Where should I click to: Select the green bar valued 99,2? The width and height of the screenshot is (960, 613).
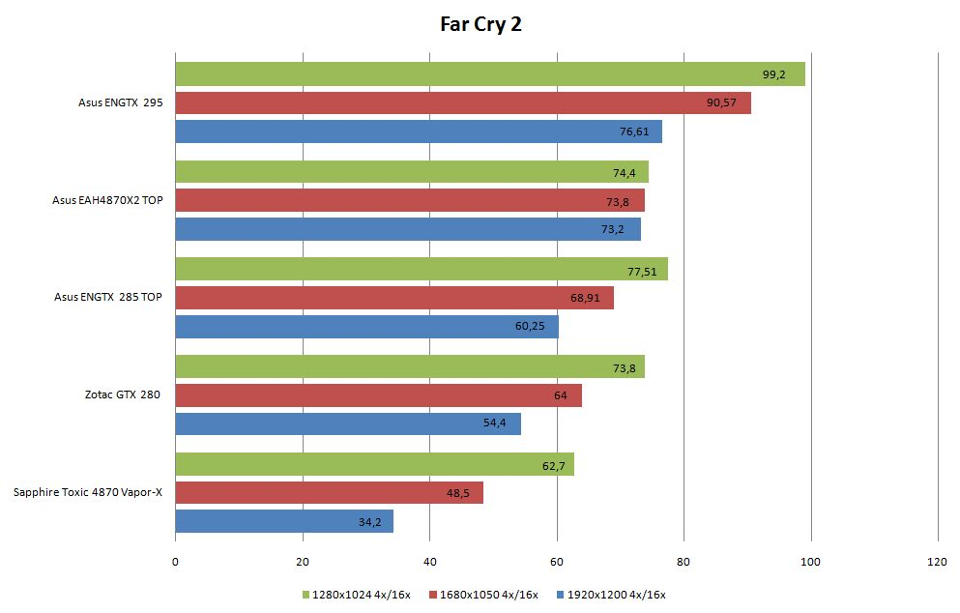click(x=489, y=74)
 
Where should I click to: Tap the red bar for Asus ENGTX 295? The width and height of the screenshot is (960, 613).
click(x=462, y=102)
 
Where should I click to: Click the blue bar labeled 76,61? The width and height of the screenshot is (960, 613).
click(x=418, y=131)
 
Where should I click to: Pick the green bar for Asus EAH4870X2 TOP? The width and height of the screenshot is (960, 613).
click(x=411, y=172)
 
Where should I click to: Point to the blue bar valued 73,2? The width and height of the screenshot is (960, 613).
click(x=407, y=229)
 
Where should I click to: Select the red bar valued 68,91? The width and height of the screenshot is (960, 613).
click(x=393, y=298)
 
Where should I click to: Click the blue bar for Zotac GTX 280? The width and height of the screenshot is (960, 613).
click(x=347, y=423)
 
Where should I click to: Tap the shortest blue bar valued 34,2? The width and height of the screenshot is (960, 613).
click(x=283, y=522)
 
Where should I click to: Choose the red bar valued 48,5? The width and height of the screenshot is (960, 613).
click(x=329, y=493)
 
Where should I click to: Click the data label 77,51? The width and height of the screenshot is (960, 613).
click(x=642, y=272)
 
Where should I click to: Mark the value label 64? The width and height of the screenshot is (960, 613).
click(x=561, y=396)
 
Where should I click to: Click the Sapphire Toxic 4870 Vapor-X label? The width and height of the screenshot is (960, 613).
click(x=88, y=492)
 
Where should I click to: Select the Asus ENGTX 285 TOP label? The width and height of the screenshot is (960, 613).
click(x=108, y=297)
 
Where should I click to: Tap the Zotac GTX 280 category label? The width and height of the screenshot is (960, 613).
click(x=122, y=394)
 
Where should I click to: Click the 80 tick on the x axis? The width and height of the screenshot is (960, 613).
click(x=684, y=563)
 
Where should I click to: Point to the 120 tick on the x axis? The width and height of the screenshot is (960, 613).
click(x=938, y=563)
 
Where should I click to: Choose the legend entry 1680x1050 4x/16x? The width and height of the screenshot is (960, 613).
click(x=484, y=595)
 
